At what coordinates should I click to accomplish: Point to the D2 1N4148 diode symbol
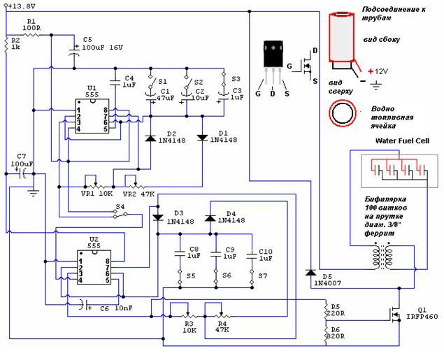pos(150,138)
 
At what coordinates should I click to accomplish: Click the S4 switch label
pos(120,207)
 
